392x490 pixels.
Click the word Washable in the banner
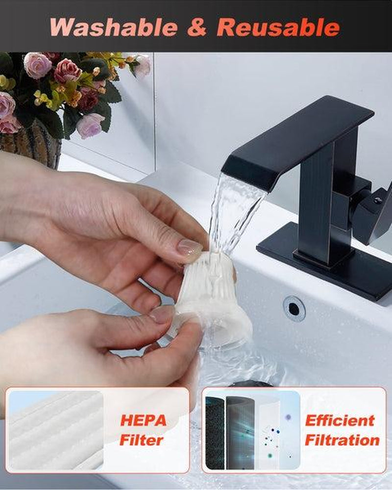tap(114, 27)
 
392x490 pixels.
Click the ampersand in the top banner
tap(197, 27)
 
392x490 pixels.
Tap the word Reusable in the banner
tap(278, 27)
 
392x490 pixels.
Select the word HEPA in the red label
tap(143, 420)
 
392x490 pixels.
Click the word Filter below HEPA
tap(142, 440)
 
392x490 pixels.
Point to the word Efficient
tap(340, 420)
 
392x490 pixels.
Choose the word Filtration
tap(342, 440)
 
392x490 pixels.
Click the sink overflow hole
tap(294, 309)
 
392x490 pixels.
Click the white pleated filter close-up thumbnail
tap(56, 430)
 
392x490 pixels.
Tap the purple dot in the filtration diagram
tap(288, 417)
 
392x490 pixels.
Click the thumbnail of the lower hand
tap(162, 314)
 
